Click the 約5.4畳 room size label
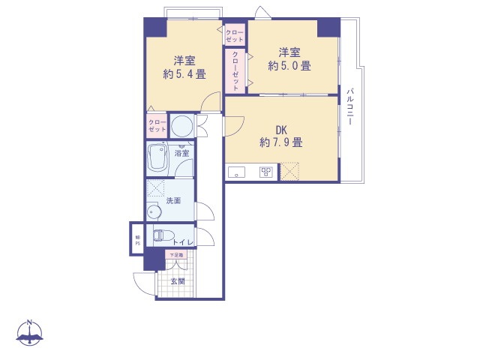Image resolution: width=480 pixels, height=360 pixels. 184,74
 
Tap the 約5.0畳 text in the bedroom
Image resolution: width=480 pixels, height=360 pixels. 289,66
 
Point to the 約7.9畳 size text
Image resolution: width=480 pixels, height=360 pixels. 281,141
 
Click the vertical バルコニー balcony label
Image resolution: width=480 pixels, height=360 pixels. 349,106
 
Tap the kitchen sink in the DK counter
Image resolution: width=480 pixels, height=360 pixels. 237,172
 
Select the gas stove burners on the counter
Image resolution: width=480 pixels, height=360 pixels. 265,172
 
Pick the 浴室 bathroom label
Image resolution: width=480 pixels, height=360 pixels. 181,153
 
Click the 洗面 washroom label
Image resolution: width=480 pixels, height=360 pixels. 174,201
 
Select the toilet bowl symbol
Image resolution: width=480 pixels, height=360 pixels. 160,235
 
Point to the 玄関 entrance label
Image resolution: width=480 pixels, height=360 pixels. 177,281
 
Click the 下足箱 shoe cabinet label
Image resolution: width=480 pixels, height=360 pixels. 175,255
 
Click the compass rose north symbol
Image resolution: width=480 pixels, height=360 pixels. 30,332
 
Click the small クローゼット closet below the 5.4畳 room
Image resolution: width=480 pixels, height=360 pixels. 156,125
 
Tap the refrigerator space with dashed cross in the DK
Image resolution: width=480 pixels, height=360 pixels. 289,172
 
